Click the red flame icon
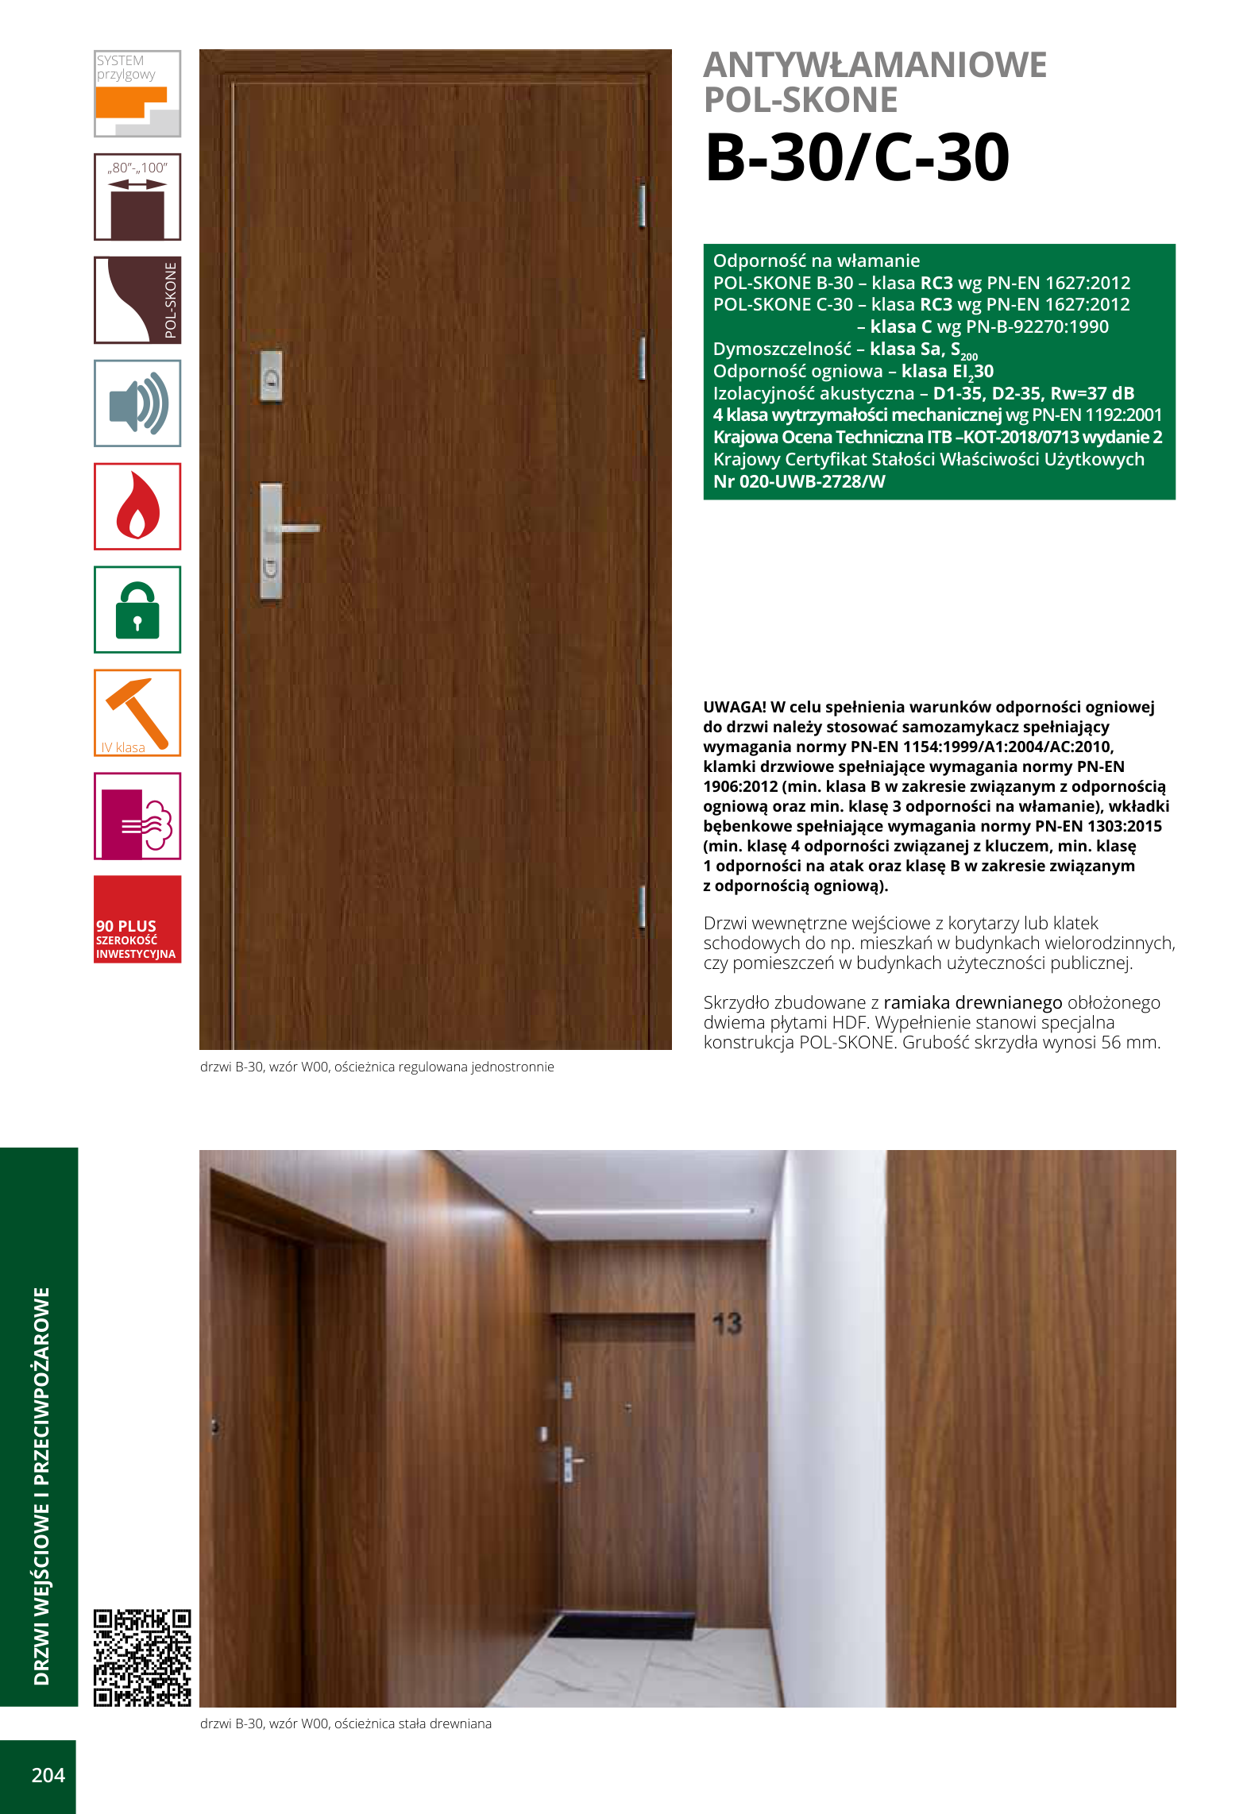tap(137, 507)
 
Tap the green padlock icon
tap(137, 610)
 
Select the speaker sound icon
tap(137, 403)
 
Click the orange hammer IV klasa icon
tap(137, 712)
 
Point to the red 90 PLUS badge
tap(137, 920)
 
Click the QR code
tap(142, 1658)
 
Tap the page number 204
tap(48, 1775)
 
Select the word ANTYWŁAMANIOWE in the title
tap(875, 65)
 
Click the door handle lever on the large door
tap(299, 528)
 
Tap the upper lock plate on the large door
tap(272, 376)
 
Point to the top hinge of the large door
tap(642, 206)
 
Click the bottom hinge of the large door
tap(642, 906)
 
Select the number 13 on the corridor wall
tap(727, 1323)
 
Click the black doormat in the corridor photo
tap(620, 1625)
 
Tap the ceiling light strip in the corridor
tap(642, 1211)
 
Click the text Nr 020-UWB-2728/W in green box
tap(798, 481)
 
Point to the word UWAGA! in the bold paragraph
tap(734, 707)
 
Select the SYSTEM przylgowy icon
tap(137, 94)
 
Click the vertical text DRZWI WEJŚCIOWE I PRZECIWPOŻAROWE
tap(41, 1485)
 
